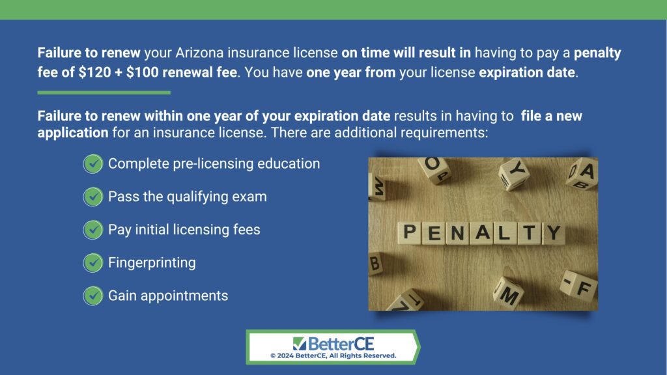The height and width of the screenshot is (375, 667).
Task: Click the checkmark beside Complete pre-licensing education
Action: [92, 164]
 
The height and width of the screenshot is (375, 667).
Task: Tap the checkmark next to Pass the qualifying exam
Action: [92, 197]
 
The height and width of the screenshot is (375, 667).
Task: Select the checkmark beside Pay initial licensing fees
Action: [92, 230]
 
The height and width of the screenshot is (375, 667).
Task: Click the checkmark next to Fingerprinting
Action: [92, 263]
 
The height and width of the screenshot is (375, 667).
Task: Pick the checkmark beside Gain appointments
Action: [92, 296]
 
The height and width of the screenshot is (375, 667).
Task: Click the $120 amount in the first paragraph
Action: [94, 72]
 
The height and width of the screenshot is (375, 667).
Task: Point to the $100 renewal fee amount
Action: [143, 72]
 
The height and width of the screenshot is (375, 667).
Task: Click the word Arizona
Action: [199, 53]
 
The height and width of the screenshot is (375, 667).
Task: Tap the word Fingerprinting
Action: [152, 263]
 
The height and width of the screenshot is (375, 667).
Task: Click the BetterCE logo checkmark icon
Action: [299, 344]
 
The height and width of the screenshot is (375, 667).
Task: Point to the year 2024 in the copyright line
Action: [285, 356]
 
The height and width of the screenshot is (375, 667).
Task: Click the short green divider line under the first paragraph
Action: [104, 92]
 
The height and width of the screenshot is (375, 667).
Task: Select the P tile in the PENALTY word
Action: [410, 232]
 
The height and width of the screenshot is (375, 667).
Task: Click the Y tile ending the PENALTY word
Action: [554, 233]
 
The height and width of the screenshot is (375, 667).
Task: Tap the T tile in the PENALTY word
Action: [529, 233]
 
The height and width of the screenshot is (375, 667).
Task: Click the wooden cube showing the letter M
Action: [509, 293]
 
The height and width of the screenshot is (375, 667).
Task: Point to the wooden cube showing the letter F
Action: [579, 286]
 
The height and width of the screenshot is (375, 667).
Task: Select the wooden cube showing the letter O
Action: [434, 170]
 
